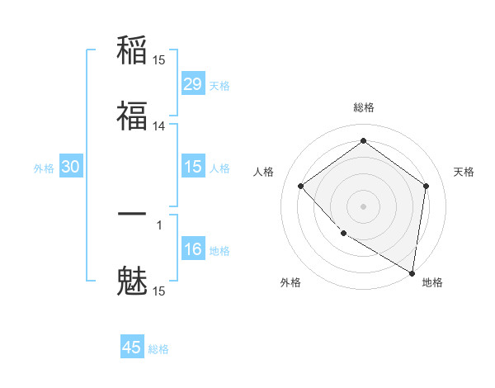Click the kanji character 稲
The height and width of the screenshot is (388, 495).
tap(132, 51)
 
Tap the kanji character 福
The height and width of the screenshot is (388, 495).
tap(132, 116)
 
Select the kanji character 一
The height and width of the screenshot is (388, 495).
tap(132, 214)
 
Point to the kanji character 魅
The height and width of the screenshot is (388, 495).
tap(132, 281)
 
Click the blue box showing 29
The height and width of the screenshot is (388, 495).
tap(193, 84)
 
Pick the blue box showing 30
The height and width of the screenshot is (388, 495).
tap(71, 167)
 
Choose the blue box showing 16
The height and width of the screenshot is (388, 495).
tap(193, 249)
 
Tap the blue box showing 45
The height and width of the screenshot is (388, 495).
tap(132, 348)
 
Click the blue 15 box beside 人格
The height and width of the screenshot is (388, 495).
tap(193, 167)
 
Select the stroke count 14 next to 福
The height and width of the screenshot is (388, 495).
tap(159, 126)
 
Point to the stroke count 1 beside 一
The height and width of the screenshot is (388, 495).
tap(159, 224)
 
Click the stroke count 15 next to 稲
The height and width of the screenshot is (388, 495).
tap(159, 59)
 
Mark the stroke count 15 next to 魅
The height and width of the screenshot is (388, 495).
tap(159, 291)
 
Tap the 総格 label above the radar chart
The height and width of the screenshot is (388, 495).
tap(363, 107)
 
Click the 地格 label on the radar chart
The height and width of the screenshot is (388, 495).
tap(432, 282)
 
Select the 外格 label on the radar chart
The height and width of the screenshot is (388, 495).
tap(290, 282)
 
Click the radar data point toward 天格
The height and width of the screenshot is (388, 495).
tap(426, 186)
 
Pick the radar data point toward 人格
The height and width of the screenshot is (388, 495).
tap(301, 186)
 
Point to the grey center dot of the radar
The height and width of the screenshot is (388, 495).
tap(363, 206)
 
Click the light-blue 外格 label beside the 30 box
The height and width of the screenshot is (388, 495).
tap(44, 168)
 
